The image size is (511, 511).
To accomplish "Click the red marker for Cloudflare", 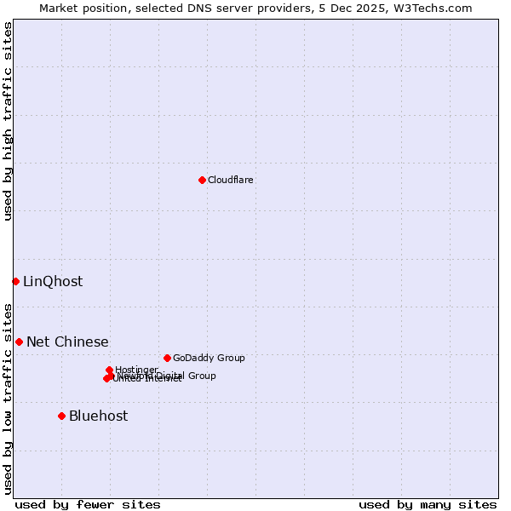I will [202, 180].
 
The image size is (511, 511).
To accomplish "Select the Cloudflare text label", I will [231, 180].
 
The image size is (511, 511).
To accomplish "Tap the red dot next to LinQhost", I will [15, 281].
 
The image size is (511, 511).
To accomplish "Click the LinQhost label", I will [53, 282].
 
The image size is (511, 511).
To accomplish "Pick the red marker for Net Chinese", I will [19, 342].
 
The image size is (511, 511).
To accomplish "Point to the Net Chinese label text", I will [67, 342].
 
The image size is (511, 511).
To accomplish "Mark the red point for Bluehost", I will [61, 416].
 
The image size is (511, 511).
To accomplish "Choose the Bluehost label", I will [99, 416].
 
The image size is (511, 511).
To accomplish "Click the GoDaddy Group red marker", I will [167, 358].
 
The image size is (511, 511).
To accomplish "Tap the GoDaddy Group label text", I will [209, 358].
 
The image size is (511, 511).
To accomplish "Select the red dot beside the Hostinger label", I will [109, 370].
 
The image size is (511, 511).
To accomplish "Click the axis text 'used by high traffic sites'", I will [8, 122].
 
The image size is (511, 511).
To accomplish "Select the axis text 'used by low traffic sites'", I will [8, 398].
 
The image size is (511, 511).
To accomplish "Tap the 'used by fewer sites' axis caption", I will [88, 504].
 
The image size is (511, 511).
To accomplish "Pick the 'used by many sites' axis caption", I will [428, 504].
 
